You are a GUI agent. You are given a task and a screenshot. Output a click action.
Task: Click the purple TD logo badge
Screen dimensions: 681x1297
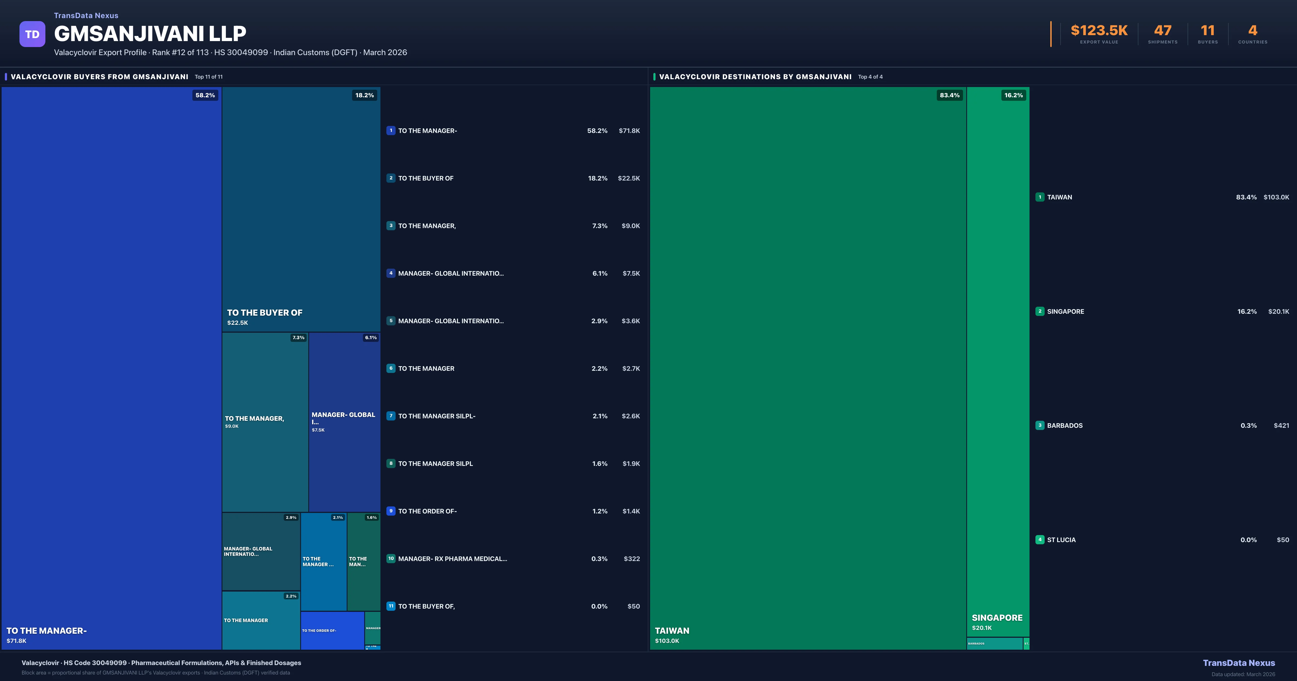coord(32,34)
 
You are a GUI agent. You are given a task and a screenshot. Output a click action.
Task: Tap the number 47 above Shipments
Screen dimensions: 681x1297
coord(1162,31)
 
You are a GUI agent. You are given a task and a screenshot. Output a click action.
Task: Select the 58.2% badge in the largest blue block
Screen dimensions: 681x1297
coord(205,95)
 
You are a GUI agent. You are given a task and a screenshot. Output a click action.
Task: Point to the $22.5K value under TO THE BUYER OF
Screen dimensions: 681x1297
coord(238,323)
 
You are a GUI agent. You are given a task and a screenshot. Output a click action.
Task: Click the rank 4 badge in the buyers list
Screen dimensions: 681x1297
coord(391,273)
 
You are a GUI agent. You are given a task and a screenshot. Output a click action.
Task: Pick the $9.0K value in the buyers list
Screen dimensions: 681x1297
coord(630,226)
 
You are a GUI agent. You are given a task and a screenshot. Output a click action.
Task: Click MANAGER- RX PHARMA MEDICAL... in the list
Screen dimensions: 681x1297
coord(452,559)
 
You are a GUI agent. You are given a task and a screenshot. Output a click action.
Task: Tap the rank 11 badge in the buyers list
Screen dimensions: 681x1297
coord(391,606)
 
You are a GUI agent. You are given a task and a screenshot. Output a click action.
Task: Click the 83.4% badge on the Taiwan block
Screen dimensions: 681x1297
coord(949,95)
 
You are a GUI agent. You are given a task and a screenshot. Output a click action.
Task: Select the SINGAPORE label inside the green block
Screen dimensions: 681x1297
coord(997,617)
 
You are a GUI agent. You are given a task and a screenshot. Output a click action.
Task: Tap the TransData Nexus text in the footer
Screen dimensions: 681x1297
coord(1239,663)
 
